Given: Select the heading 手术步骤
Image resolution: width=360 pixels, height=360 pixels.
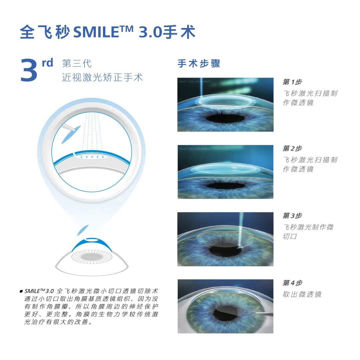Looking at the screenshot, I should [x=199, y=64].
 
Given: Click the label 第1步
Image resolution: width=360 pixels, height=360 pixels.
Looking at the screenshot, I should [x=292, y=82].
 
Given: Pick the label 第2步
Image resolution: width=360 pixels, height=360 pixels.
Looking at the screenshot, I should [x=292, y=149].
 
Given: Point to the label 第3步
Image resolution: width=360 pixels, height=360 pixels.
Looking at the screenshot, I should [x=292, y=216].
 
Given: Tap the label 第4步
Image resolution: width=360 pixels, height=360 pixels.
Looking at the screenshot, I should [x=292, y=283].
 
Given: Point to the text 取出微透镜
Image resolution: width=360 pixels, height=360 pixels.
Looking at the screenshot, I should [x=302, y=295].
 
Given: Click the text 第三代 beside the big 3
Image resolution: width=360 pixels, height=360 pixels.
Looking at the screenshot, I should [x=77, y=63].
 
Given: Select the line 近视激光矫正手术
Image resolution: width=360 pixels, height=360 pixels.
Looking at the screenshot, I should [x=102, y=78].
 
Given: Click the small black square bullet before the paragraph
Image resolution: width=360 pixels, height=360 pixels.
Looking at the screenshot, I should [x=21, y=291].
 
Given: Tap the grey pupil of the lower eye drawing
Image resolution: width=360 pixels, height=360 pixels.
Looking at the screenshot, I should [x=92, y=256].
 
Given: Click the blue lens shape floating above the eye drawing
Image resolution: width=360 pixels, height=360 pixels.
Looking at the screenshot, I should [x=83, y=230].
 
